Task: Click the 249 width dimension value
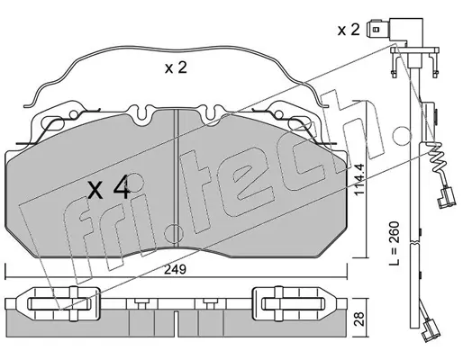point(176,269)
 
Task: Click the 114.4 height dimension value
point(359,179)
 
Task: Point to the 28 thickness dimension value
point(359,319)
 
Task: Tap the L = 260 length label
point(394,243)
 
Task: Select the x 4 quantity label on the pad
point(109,188)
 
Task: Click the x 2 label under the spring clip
point(176,67)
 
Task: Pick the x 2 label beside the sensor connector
point(349,30)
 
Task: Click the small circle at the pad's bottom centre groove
point(174,233)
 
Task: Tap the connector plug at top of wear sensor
point(395,31)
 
